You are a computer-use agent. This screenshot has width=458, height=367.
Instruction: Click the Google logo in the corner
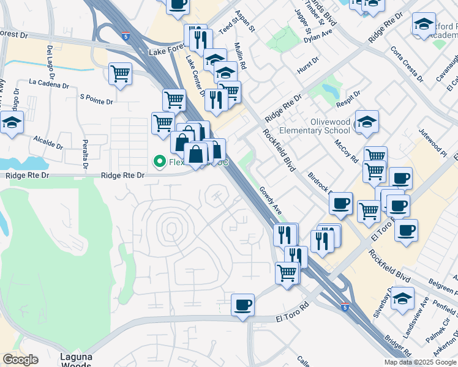coord(20,360)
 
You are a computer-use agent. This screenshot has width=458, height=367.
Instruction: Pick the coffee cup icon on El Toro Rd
coord(243,304)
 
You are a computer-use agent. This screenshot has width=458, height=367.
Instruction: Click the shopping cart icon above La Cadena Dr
coord(121,74)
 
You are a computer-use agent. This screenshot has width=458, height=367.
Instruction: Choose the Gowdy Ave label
coord(269,201)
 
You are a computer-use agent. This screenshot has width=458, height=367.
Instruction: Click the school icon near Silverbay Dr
coord(402,298)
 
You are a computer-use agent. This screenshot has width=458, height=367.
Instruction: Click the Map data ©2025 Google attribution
coord(420,362)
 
